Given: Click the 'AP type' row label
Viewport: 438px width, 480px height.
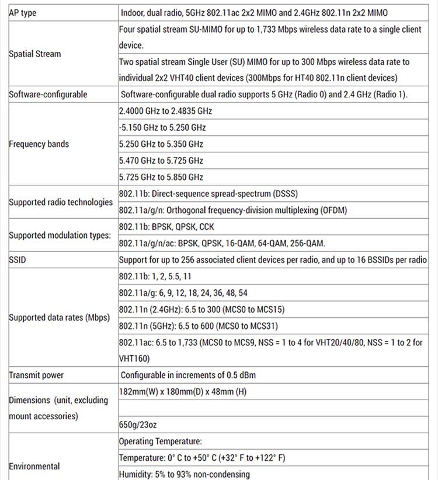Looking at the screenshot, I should tap(23, 13).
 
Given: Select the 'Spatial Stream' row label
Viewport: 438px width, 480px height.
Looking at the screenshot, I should tap(35, 54).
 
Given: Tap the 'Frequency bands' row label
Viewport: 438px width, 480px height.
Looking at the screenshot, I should tap(39, 144).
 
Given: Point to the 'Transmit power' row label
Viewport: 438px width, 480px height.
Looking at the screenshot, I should tap(36, 375).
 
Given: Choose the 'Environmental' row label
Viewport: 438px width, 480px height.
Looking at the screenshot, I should tap(34, 466).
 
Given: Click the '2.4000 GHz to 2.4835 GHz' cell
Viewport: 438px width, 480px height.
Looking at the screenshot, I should tap(165, 111).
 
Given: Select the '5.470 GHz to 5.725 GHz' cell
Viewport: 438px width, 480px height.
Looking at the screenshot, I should tap(161, 160).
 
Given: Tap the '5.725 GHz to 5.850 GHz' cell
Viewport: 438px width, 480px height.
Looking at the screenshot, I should tap(161, 177).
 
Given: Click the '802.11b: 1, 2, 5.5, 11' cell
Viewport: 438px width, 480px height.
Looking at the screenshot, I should tap(155, 276).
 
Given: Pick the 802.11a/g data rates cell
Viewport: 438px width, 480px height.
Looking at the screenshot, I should tap(183, 293).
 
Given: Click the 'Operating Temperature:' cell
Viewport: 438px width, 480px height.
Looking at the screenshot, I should tap(161, 442).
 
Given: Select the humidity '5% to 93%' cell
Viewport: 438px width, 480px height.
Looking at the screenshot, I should tap(184, 474).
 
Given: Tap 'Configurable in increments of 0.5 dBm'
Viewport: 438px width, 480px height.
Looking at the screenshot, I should tap(188, 375).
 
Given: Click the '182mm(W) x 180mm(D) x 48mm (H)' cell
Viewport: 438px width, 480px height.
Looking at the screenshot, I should tap(183, 391).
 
